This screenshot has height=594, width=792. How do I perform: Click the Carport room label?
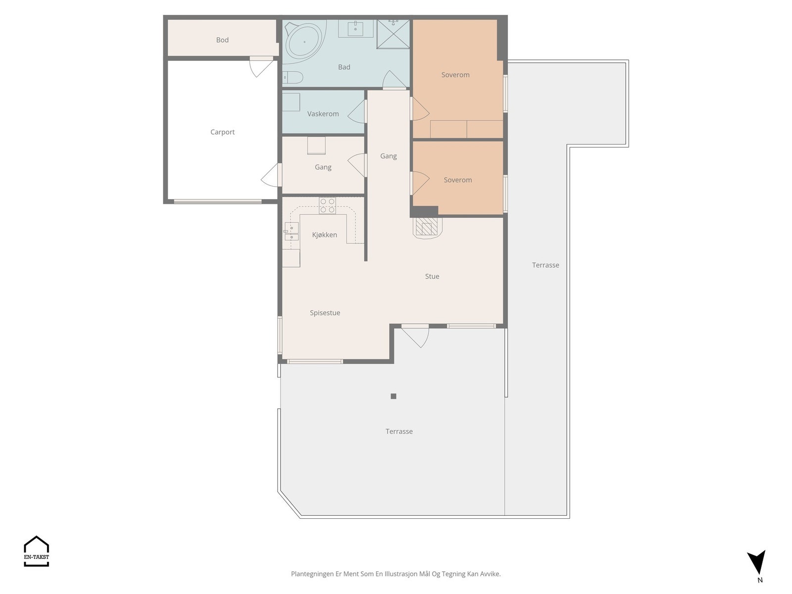click(x=222, y=132)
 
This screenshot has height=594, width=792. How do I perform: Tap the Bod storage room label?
click(x=222, y=40)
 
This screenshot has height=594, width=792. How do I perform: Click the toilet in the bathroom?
click(x=293, y=77)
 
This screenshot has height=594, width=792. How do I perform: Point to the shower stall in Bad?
click(x=393, y=34)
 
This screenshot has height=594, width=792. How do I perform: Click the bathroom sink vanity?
click(x=355, y=29)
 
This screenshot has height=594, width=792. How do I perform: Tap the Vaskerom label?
click(x=323, y=114)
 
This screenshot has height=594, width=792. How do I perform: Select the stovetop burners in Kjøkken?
click(x=327, y=205)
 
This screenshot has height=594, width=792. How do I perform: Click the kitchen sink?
click(x=292, y=232)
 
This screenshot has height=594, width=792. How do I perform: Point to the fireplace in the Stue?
click(x=427, y=227)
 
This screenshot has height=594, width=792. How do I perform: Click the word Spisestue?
click(x=325, y=313)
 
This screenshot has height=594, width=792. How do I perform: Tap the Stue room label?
click(x=432, y=276)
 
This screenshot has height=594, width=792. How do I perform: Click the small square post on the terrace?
click(x=394, y=396)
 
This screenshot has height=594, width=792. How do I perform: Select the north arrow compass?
click(x=757, y=561)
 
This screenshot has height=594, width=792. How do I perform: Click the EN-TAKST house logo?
click(x=37, y=551)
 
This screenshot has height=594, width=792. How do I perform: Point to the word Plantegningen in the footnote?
click(x=312, y=574)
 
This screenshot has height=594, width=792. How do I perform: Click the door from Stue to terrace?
click(x=415, y=336)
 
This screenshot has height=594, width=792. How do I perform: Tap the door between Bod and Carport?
click(x=261, y=67)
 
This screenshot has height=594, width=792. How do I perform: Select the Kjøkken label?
click(x=324, y=235)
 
